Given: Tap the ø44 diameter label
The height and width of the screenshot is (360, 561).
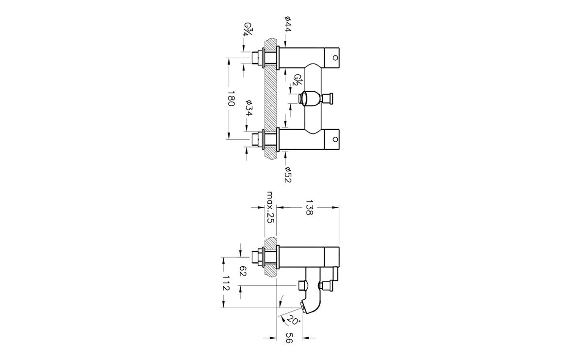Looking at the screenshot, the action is [x=288, y=24].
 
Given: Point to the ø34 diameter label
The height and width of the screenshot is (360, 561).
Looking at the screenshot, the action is [x=249, y=108].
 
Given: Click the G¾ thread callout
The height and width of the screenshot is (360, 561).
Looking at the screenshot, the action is [x=247, y=29].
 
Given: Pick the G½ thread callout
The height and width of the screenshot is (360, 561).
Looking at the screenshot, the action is [x=297, y=80].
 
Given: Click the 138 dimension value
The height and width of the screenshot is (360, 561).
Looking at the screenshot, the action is [x=309, y=208].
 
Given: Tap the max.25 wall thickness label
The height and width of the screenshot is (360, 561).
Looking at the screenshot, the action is [x=270, y=207].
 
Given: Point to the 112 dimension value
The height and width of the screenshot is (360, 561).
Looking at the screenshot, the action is [x=226, y=283].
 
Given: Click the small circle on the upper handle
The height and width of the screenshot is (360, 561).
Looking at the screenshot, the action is [x=335, y=58].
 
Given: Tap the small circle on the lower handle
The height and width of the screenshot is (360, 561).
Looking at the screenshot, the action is [x=335, y=139].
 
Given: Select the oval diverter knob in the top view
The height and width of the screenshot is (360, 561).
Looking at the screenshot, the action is [x=310, y=98].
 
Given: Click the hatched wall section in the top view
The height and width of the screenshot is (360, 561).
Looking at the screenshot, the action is [x=270, y=98].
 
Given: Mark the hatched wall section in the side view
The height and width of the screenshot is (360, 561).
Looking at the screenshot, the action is [x=270, y=257].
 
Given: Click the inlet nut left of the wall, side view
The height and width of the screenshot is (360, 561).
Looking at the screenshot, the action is [x=257, y=257].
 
